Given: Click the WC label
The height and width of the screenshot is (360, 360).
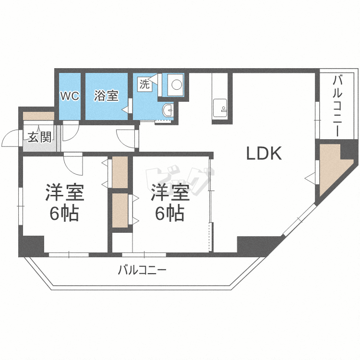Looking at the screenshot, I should point(70,96).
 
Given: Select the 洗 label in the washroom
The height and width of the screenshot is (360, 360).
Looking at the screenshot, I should point(144,84).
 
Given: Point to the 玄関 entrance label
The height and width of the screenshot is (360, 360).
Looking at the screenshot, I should point(39,137).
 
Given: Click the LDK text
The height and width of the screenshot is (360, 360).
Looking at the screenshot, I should point(263,153).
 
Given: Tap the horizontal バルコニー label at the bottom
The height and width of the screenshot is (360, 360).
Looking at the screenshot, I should point(143,271).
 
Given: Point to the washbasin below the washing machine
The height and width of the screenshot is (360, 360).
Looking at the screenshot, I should point(168,110).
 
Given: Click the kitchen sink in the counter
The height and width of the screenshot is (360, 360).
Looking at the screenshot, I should point(221,107).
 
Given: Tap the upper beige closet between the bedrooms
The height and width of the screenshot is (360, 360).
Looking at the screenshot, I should point(120,172).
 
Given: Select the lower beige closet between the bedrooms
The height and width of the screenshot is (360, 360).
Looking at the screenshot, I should point(120,210).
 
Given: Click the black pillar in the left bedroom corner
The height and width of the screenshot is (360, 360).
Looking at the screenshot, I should point(31,244).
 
